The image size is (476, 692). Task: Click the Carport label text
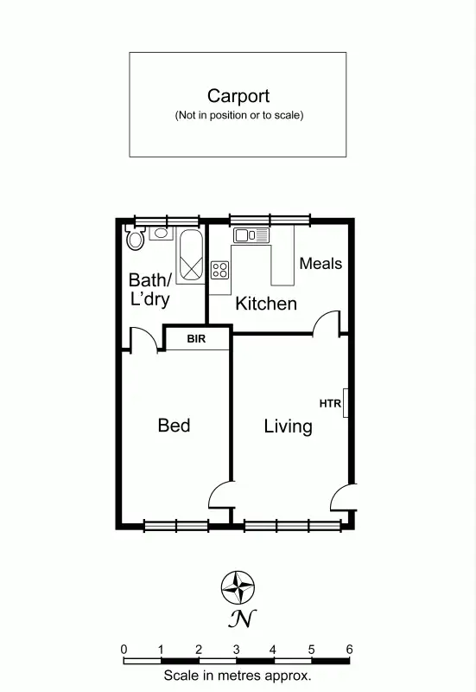tap(238, 96)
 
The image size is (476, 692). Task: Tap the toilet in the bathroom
tap(134, 237)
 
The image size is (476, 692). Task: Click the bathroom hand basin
tap(159, 232)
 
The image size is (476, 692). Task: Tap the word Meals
tap(321, 264)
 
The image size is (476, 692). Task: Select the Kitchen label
tap(266, 304)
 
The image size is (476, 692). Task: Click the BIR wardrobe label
tap(197, 338)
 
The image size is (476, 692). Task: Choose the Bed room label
tap(174, 426)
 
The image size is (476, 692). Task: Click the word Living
tap(288, 426)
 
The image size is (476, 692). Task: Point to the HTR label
tap(330, 403)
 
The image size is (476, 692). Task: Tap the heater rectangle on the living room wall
tap(346, 403)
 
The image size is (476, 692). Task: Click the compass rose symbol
tap(238, 587)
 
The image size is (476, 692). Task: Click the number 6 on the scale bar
tap(349, 649)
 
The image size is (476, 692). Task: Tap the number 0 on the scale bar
tap(124, 649)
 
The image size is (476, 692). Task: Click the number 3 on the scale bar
tap(236, 649)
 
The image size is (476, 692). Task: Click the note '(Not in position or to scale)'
tap(238, 115)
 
